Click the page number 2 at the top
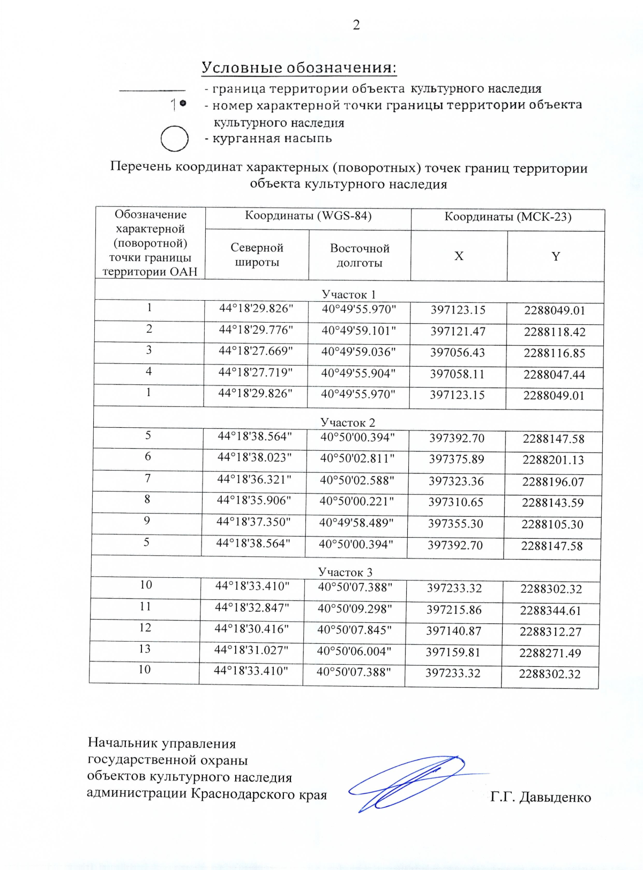[356, 25]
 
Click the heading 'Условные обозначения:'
[299, 68]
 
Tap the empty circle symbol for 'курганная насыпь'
[174, 139]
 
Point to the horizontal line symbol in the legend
[152, 90]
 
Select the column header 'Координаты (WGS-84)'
[308, 216]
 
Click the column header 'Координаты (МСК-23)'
[507, 217]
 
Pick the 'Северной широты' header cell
[257, 255]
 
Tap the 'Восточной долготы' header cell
[360, 256]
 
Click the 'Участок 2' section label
[348, 422]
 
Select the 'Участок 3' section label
[345, 572]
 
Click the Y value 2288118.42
[555, 332]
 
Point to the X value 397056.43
[458, 353]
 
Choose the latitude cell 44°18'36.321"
[254, 479]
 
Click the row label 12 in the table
[145, 628]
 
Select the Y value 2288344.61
[550, 611]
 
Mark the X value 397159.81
[453, 652]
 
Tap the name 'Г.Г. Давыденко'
[540, 798]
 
